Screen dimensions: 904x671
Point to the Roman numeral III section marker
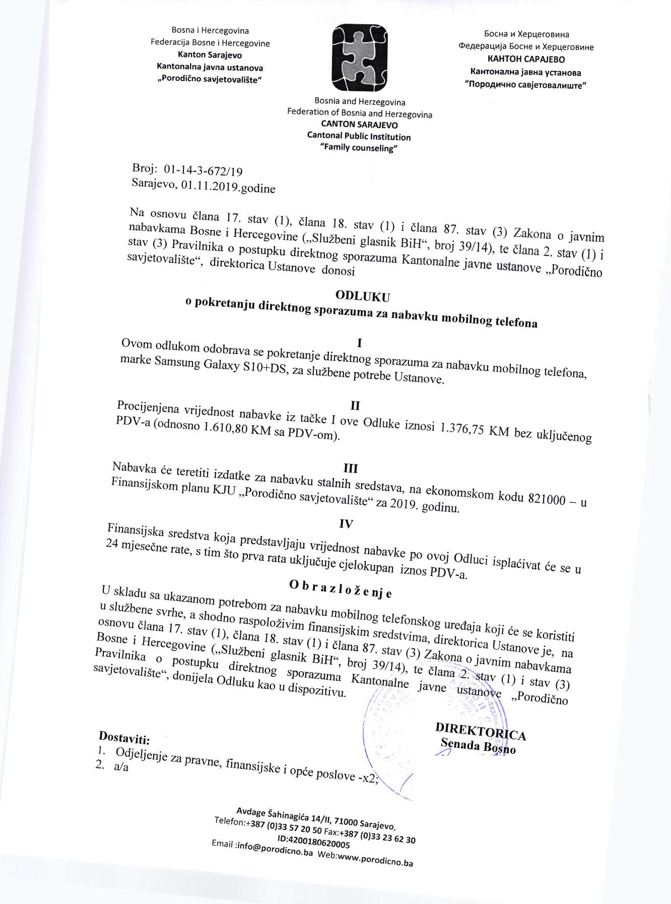pyautogui.click(x=350, y=468)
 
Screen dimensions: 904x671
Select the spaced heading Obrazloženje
pyautogui.click(x=341, y=588)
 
